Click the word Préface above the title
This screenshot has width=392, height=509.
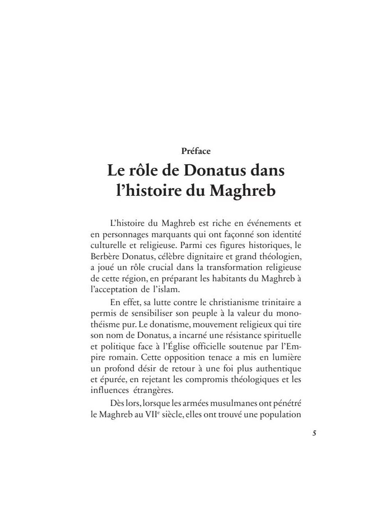point(196,151)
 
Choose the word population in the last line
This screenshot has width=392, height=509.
point(277,414)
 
